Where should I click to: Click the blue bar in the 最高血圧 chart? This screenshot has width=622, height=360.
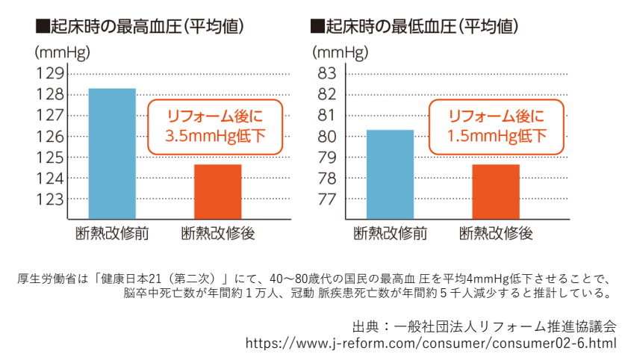point(112,153)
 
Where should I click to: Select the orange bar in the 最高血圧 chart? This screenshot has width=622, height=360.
point(218,191)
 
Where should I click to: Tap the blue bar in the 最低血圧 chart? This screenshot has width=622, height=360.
point(390,174)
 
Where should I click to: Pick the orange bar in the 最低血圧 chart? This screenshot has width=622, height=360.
point(496,191)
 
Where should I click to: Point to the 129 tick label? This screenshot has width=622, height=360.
point(50,74)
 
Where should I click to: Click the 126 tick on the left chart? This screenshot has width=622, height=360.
point(50,137)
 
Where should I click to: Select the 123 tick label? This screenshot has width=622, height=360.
point(50,199)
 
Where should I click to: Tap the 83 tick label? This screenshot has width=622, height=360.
point(328,74)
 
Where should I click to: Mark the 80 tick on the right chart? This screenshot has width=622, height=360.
point(328,137)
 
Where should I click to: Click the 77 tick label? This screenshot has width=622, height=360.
point(328,199)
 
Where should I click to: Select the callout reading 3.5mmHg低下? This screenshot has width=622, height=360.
point(215,127)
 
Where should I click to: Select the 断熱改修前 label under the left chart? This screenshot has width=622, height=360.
point(112,234)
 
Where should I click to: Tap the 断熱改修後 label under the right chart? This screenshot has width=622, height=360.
point(496,234)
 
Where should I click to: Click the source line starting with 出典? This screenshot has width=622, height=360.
point(485,327)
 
